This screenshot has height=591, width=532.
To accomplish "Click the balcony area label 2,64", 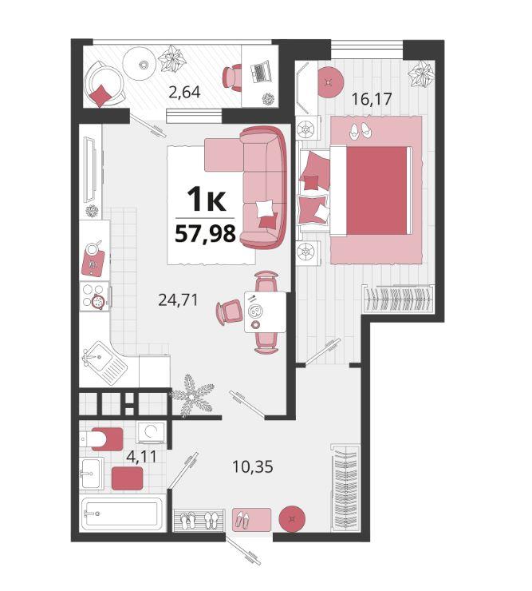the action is [x=184, y=92].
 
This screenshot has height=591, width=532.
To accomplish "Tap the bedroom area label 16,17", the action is [x=372, y=99].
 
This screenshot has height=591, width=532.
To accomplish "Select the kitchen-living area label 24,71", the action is [x=178, y=300].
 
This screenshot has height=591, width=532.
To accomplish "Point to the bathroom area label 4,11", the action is [x=141, y=457].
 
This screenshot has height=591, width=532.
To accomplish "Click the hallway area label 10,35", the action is [x=253, y=467].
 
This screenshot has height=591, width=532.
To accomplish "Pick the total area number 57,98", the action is [x=205, y=234].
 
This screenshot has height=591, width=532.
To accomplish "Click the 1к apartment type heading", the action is [x=207, y=200].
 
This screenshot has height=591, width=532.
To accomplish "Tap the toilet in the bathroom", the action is [x=101, y=439].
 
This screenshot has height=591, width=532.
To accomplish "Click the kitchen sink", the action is [x=104, y=363].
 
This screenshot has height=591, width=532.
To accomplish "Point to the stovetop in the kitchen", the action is [x=94, y=296].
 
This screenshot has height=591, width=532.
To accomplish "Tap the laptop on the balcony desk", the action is [x=261, y=71].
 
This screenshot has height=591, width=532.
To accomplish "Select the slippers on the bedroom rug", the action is [x=360, y=131].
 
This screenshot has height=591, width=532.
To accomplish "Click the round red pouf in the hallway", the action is [x=292, y=518].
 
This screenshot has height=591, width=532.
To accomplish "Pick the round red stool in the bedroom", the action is [x=330, y=81].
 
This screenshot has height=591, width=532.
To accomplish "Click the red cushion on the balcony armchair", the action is [x=100, y=96].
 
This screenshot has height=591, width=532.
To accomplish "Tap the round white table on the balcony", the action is [x=140, y=64].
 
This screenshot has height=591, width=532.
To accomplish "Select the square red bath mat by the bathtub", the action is [x=128, y=478].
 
